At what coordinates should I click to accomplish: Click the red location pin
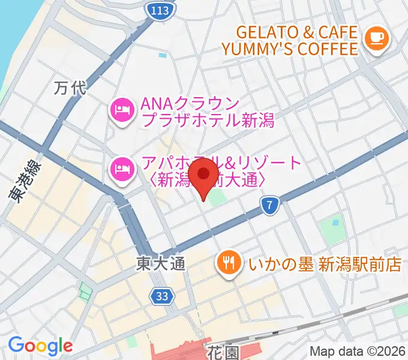203,175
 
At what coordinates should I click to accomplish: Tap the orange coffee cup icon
377,38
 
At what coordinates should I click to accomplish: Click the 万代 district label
70,89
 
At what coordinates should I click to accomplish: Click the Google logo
40,346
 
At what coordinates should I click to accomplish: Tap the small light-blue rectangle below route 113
163,55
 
